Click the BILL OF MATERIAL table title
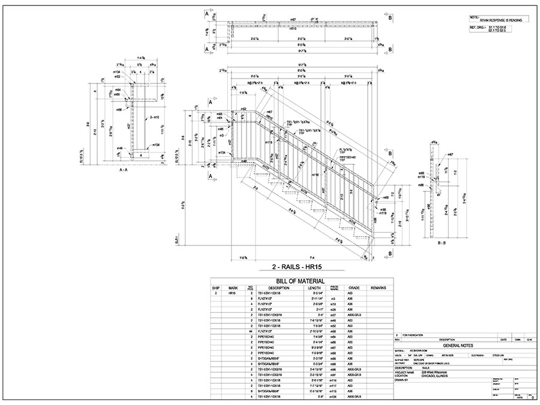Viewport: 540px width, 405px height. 300,281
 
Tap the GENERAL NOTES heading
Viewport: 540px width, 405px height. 458,346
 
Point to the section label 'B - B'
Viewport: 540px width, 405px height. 445,242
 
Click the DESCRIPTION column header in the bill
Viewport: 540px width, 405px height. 279,289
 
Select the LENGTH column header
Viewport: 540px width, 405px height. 314,289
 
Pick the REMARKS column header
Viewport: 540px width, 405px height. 378,289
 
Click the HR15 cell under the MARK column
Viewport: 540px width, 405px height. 232,294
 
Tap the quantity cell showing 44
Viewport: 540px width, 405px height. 251,331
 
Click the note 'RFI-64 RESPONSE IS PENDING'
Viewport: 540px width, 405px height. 497,20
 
